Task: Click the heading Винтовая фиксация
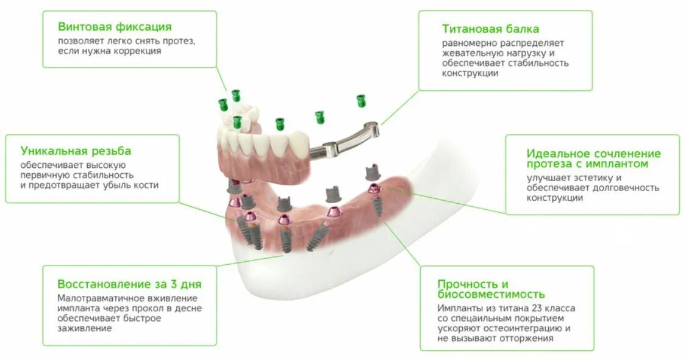click(x=115, y=27)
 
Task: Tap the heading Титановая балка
click(x=490, y=29)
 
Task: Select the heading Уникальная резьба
click(x=76, y=151)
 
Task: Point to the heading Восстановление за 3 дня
click(x=129, y=284)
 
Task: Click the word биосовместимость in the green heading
click(x=491, y=295)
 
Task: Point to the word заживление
click(x=85, y=328)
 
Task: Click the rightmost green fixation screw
click(x=361, y=101)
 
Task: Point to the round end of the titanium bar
click(x=371, y=128)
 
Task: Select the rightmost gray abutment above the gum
click(x=372, y=173)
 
